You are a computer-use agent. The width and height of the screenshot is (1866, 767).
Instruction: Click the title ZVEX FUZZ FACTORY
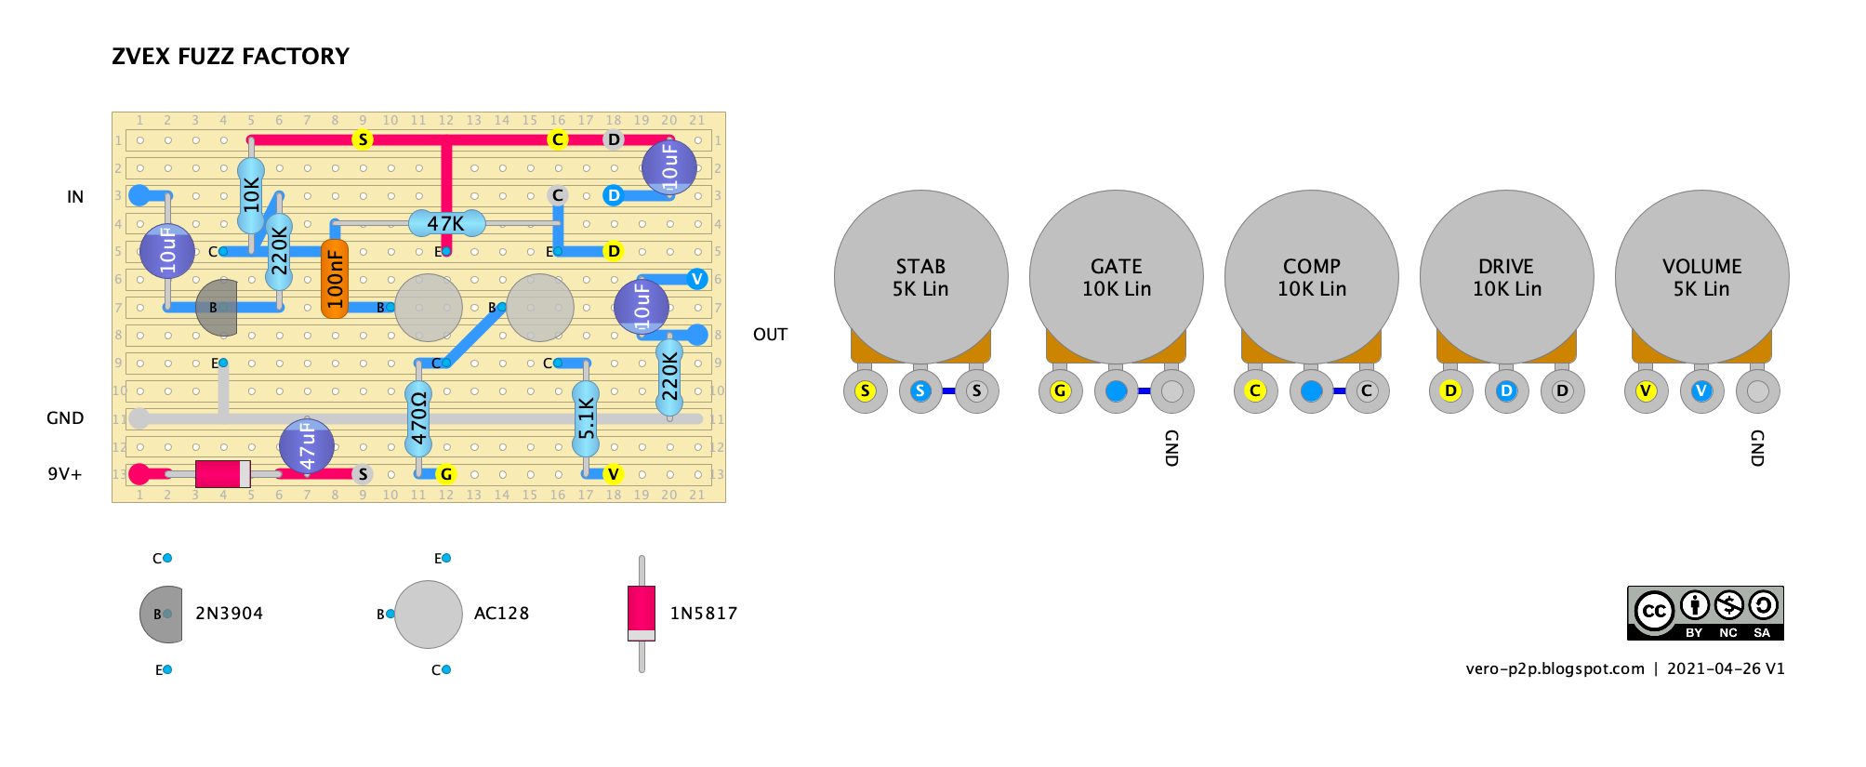point(231,57)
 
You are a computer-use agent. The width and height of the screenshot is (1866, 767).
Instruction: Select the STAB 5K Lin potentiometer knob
point(920,277)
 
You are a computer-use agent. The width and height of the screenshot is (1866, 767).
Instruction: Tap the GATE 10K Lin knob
point(1116,277)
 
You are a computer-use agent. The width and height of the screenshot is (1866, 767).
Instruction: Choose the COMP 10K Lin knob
point(1311,277)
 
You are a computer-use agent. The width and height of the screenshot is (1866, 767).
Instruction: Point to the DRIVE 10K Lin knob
point(1506,277)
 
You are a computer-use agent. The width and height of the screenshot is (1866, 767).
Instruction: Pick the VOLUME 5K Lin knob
point(1701,277)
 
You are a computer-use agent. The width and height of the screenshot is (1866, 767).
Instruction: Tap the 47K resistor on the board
point(446,223)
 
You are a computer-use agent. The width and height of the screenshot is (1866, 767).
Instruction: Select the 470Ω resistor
point(418,418)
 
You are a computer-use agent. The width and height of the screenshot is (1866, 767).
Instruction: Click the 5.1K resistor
point(586,418)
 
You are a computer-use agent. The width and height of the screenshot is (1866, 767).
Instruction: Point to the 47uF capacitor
point(307,446)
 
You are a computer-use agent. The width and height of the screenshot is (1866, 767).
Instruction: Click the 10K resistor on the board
point(251,195)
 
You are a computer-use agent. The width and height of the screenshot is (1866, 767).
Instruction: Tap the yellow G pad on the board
point(446,474)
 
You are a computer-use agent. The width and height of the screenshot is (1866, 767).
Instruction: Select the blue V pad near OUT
point(697,279)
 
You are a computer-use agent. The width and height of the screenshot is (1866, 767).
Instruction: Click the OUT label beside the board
point(770,335)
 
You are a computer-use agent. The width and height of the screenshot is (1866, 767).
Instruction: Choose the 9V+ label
point(65,474)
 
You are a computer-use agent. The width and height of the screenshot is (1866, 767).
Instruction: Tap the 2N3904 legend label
point(229,614)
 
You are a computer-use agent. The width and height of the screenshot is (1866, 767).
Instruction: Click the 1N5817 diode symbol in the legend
point(642,614)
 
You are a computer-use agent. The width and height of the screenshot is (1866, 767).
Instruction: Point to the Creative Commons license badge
point(1705,613)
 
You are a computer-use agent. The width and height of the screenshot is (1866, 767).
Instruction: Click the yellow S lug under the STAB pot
point(865,390)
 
